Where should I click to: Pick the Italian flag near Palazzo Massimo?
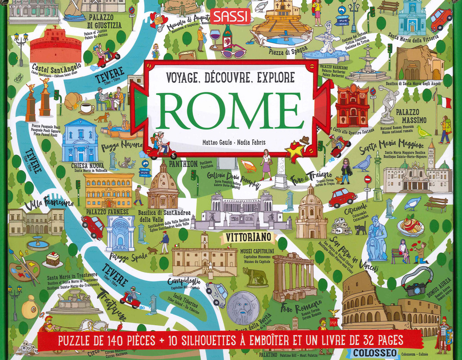point(444,100)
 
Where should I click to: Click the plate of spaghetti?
point(410,225)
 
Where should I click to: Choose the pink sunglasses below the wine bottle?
point(233,52)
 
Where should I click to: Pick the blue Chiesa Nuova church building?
point(80,140)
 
